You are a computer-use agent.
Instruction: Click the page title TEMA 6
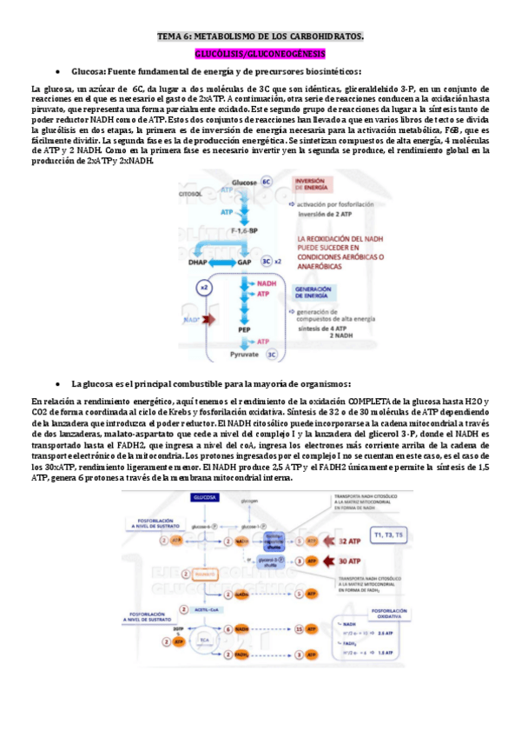(260, 37)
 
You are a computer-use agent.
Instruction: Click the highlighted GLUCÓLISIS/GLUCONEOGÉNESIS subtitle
(260, 54)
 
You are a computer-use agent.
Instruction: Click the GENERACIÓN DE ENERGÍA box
(316, 291)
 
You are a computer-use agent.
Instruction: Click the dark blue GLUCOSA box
(205, 497)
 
